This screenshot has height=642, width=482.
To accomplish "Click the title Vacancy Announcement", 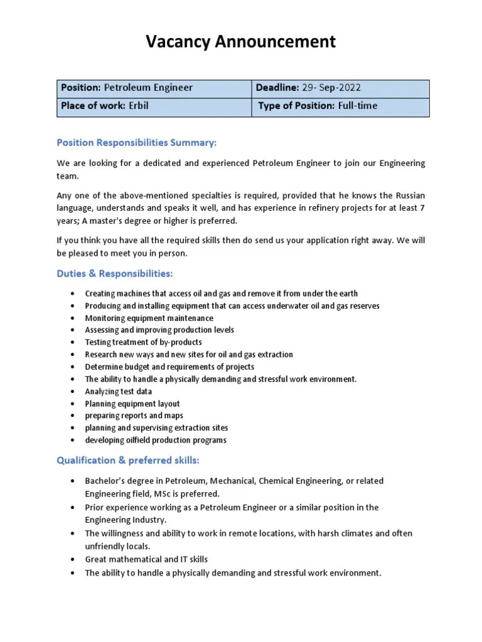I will (241, 42).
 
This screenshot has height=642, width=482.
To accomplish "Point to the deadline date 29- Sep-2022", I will (335, 88).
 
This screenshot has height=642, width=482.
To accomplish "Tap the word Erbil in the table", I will (139, 106).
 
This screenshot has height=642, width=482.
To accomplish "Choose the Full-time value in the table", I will (357, 106).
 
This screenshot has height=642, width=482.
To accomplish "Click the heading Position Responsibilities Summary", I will (136, 143).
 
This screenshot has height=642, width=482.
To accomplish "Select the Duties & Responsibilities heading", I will (114, 273).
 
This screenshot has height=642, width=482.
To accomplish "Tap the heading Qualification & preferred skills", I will (128, 460).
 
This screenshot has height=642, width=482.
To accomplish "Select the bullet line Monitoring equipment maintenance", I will (149, 318).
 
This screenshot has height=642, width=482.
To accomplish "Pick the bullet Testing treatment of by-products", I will (143, 342).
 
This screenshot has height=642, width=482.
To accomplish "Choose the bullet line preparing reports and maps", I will (134, 416).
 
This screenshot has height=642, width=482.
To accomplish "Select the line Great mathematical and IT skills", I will (146, 559).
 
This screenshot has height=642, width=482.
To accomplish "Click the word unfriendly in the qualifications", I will (105, 546).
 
